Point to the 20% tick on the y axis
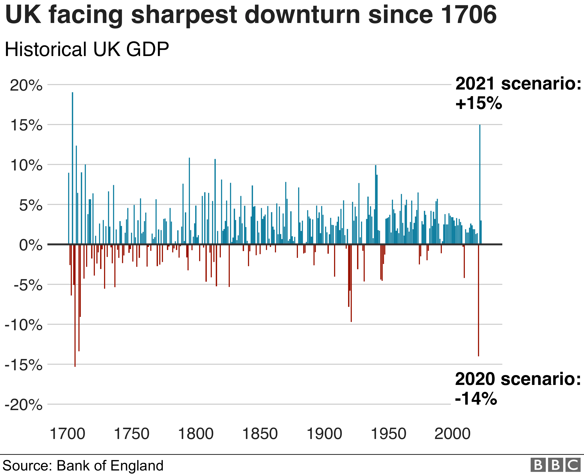coord(26,86)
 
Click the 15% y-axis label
coord(26,126)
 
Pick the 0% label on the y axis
coord(31,245)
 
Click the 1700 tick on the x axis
coord(67,434)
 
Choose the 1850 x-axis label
coord(260,434)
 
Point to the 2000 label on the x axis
coord(452,434)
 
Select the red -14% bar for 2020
coord(478,300)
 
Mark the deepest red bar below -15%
coord(75,306)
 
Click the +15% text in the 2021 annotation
coord(478,103)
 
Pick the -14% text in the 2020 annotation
coord(476,399)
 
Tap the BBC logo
coord(555,465)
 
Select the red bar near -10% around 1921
coord(351,284)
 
